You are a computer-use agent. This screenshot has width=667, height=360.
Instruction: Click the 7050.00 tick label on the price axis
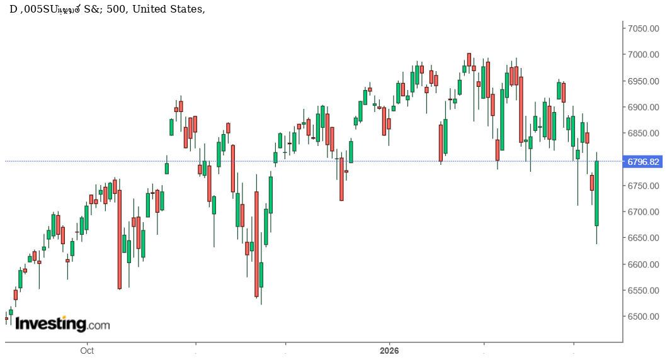[x=642, y=28]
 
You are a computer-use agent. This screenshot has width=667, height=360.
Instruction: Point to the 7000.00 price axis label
[x=642, y=55]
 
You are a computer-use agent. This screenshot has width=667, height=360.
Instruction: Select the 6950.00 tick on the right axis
[x=642, y=81]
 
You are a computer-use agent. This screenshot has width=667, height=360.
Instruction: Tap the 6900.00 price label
[x=642, y=107]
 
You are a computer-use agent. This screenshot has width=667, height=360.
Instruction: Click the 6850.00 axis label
[x=642, y=133]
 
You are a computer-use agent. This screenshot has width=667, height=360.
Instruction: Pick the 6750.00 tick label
[x=642, y=186]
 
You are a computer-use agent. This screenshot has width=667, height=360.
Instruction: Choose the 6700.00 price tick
[x=642, y=212]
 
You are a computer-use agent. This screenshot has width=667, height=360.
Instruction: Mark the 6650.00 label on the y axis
[x=642, y=238]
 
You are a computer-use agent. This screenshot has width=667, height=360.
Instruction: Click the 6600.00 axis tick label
[x=642, y=264]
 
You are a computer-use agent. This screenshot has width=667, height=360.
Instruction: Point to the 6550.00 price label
[x=642, y=291]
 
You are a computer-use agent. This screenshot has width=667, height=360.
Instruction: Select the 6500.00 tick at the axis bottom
[x=642, y=317]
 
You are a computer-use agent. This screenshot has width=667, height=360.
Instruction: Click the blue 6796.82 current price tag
[x=643, y=162]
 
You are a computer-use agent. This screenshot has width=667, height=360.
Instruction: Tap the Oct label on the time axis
[x=87, y=351]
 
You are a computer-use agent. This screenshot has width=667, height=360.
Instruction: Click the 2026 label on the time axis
[x=390, y=351]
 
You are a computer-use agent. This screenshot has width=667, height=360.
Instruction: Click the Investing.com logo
[x=62, y=324]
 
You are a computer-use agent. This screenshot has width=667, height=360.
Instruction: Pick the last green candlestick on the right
[x=596, y=193]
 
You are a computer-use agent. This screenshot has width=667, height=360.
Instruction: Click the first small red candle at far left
[x=6, y=318]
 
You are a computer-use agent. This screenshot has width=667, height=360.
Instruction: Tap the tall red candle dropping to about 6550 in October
[x=119, y=239]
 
